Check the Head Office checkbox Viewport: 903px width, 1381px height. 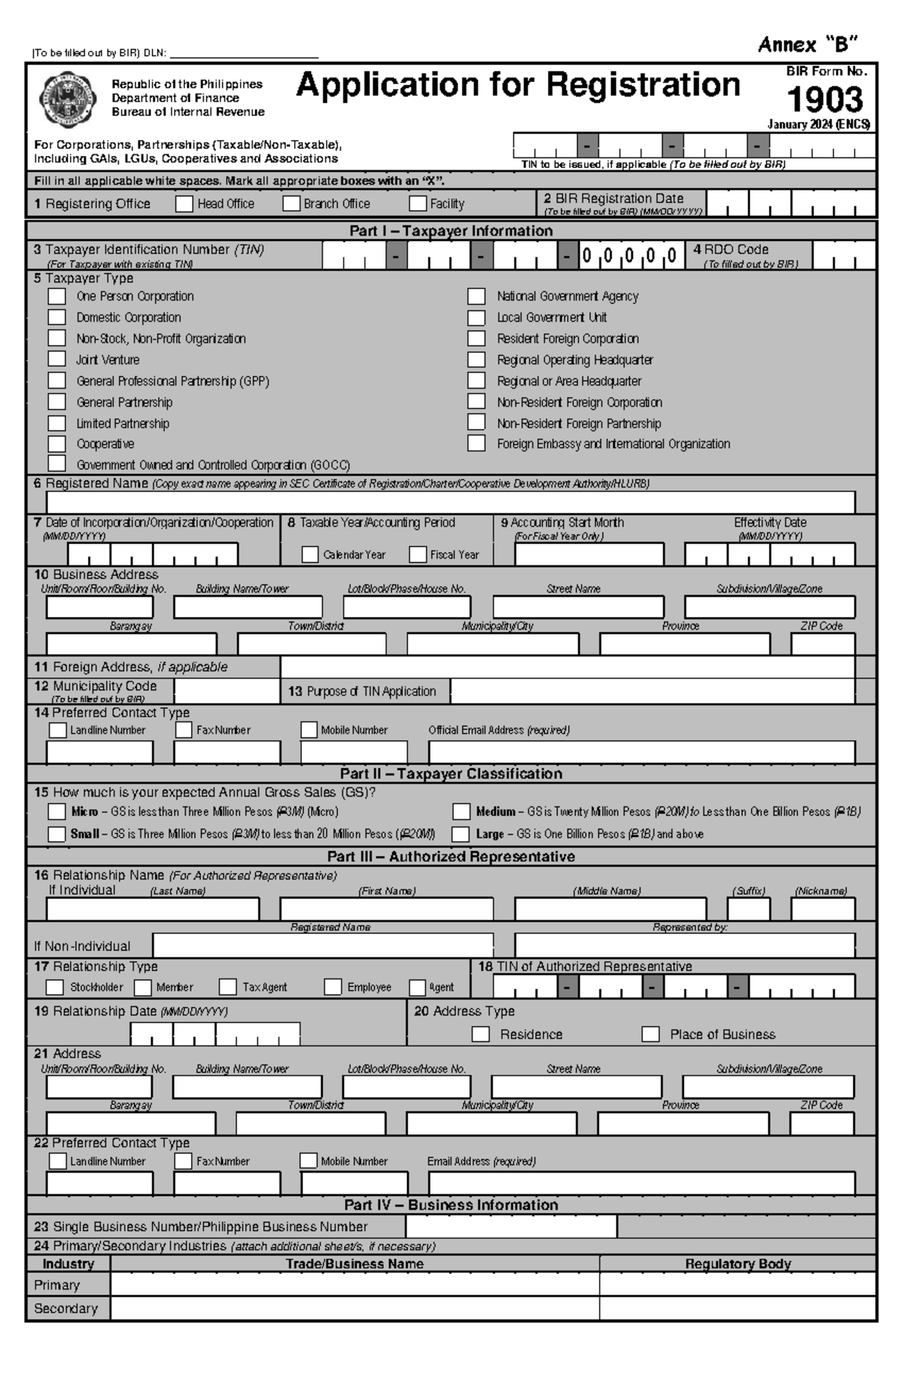pyautogui.click(x=184, y=204)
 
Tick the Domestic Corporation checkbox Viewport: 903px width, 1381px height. pyautogui.click(x=57, y=318)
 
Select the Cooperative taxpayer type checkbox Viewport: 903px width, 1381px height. pyautogui.click(x=57, y=444)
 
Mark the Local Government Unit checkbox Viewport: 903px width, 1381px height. pyautogui.click(x=476, y=318)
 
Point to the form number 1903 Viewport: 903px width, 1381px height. pyautogui.click(x=825, y=100)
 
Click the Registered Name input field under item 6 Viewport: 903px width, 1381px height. pyautogui.click(x=450, y=501)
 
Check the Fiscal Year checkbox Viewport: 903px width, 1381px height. pyautogui.click(x=418, y=555)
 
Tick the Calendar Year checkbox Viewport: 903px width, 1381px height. pyautogui.click(x=310, y=555)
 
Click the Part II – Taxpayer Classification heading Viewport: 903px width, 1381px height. pyautogui.click(x=451, y=774)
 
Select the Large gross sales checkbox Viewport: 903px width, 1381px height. pyautogui.click(x=461, y=834)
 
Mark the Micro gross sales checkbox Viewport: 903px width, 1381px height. pyautogui.click(x=57, y=811)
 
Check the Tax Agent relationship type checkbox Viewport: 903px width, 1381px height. pyautogui.click(x=228, y=987)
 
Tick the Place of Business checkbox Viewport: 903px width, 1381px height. pyautogui.click(x=651, y=1034)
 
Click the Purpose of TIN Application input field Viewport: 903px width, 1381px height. pyautogui.click(x=652, y=692)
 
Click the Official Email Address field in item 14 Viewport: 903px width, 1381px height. pyautogui.click(x=641, y=752)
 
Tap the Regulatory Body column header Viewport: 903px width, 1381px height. pyautogui.click(x=737, y=1264)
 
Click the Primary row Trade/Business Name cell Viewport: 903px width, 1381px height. pyautogui.click(x=354, y=1284)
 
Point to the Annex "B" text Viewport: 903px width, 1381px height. pyautogui.click(x=807, y=45)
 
